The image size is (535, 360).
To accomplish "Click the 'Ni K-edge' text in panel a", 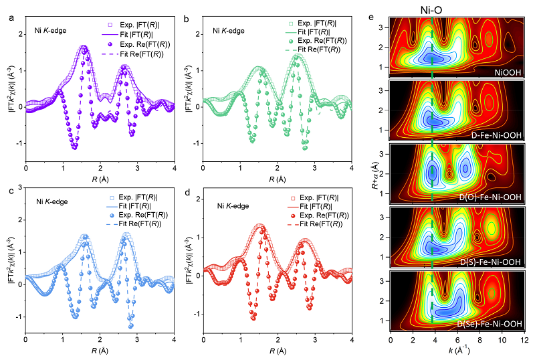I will [54, 30].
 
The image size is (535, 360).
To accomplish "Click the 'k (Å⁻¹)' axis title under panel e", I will [455, 350].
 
